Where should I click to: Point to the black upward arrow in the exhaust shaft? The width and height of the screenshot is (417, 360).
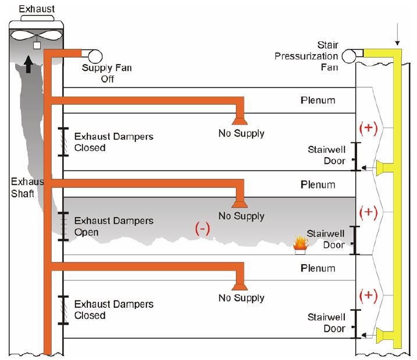(28, 62)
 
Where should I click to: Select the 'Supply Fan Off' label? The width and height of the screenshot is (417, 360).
(107, 74)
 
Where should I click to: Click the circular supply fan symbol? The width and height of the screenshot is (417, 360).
(94, 55)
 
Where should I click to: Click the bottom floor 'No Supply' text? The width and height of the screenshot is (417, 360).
(241, 298)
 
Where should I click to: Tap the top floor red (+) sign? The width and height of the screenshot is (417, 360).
(369, 129)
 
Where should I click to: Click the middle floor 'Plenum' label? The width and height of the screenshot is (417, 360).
(318, 185)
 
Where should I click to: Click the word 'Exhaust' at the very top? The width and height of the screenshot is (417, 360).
(36, 9)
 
